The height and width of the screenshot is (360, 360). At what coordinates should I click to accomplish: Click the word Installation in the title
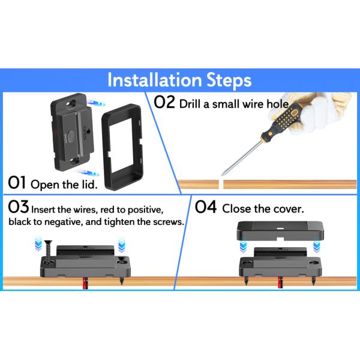154,80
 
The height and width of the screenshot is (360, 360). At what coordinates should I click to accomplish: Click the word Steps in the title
229,81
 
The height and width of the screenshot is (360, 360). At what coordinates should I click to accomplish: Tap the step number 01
17,183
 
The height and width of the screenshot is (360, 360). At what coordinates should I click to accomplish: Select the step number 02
164,102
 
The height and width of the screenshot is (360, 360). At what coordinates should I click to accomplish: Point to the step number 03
19,206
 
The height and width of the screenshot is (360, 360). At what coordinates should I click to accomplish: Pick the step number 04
205,206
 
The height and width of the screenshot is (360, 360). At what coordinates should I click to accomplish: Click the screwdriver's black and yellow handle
283,121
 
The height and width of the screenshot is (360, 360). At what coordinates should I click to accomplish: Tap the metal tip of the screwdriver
222,175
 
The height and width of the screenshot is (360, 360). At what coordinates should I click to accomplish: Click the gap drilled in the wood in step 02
221,184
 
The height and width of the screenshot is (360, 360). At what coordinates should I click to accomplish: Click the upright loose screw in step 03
48,251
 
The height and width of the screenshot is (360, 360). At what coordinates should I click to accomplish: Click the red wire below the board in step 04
280,282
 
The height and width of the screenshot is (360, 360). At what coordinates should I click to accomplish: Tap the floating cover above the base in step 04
280,230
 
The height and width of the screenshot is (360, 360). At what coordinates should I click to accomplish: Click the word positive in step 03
145,211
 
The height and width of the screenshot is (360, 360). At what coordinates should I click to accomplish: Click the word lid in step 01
90,185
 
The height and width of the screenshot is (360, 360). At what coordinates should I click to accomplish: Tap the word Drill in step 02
190,104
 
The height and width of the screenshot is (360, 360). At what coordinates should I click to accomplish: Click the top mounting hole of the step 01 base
71,103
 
